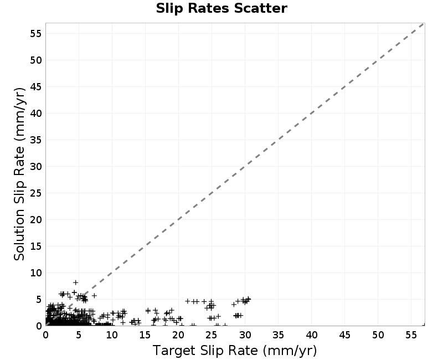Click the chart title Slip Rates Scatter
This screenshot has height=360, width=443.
click(x=221, y=8)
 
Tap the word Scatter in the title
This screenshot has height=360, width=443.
click(x=260, y=8)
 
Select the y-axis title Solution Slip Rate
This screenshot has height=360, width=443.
click(x=19, y=174)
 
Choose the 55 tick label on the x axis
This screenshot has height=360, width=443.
click(x=411, y=335)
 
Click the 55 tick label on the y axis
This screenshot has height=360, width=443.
click(x=35, y=34)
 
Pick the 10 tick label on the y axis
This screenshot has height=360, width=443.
click(x=35, y=272)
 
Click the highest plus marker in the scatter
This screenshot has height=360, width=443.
click(x=75, y=282)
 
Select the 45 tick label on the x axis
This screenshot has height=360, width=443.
click(x=344, y=335)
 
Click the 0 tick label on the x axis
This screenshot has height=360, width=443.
click(x=45, y=335)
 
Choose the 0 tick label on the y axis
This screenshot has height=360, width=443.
click(x=39, y=326)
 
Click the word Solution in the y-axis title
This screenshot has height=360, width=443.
click(x=19, y=235)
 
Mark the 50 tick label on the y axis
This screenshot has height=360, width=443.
click(x=35, y=60)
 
